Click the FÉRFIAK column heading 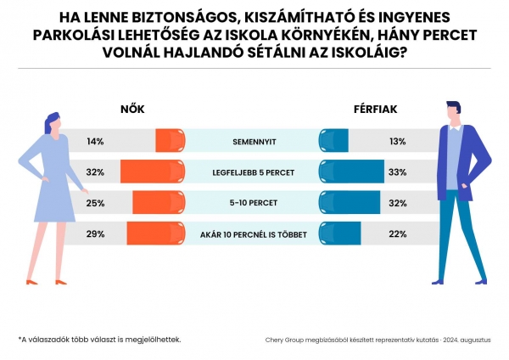click(x=375, y=110)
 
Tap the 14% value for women click(x=95, y=141)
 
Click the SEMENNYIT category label click(x=254, y=141)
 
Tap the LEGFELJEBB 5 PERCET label click(x=254, y=172)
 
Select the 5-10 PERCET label click(x=254, y=202)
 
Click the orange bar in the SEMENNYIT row click(x=170, y=141)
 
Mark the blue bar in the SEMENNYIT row click(x=333, y=141)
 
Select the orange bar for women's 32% click(x=153, y=172)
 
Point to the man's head click(x=455, y=112)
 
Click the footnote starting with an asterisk click(x=99, y=339)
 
